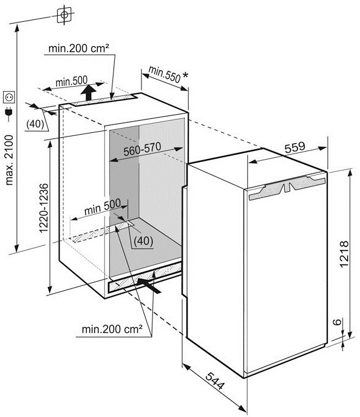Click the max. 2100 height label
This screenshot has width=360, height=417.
(x=9, y=160)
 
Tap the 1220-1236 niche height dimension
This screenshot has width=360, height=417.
(x=44, y=208)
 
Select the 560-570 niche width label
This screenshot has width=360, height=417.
(x=142, y=149)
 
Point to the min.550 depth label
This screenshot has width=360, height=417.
(x=165, y=75)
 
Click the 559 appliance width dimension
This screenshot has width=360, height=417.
(x=295, y=147)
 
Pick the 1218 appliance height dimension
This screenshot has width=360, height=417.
(x=344, y=254)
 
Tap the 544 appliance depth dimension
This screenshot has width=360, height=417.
(x=215, y=381)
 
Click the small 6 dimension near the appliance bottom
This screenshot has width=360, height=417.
(x=337, y=322)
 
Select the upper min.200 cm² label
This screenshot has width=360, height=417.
(x=79, y=48)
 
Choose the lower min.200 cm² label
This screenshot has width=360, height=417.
(x=112, y=329)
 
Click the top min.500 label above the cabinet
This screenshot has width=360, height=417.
(x=72, y=81)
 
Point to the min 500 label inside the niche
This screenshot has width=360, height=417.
(x=103, y=206)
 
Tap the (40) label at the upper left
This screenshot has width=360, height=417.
(x=35, y=124)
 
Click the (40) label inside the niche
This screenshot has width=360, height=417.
(x=143, y=241)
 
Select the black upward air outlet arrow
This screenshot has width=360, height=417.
(x=89, y=92)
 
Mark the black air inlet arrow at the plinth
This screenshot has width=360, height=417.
(x=149, y=285)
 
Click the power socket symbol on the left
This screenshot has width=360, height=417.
(x=9, y=97)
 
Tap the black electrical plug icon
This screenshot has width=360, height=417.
(x=8, y=112)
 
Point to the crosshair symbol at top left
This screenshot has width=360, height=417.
(x=64, y=15)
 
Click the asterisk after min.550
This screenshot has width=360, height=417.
(x=185, y=75)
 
